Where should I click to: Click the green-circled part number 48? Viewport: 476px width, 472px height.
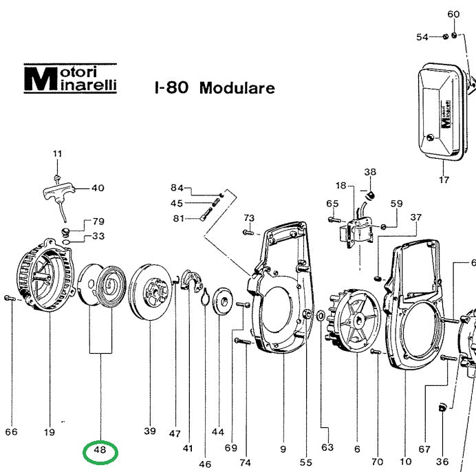click(100, 451)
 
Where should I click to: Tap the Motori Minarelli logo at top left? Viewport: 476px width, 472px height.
click(70, 79)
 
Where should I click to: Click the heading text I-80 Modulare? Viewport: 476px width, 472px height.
click(215, 88)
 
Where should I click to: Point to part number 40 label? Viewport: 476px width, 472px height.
click(98, 188)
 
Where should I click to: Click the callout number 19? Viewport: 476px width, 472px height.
click(49, 432)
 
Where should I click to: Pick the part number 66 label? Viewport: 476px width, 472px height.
click(11, 432)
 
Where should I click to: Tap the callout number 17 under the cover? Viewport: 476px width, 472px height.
click(444, 180)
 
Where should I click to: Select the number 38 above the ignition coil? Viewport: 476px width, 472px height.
click(370, 172)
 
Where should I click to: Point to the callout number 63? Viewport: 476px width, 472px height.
click(327, 447)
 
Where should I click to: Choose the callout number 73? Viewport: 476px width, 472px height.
click(249, 218)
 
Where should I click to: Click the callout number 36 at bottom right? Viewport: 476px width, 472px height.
click(442, 462)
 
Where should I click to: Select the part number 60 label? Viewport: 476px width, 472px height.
click(453, 14)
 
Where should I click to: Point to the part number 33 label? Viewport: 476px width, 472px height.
click(98, 236)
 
